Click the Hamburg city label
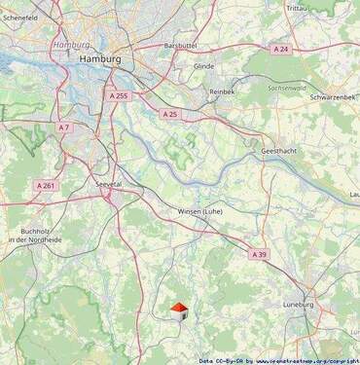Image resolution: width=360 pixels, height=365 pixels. [x=98, y=59]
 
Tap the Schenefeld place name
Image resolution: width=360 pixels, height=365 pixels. [x=20, y=18]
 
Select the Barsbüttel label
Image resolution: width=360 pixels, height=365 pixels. [x=181, y=45]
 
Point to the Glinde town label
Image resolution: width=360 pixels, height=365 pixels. [x=203, y=66]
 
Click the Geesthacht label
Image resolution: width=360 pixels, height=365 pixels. [x=281, y=153]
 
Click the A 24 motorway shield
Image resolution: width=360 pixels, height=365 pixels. [x=280, y=49]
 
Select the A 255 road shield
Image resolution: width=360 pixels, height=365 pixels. [x=119, y=96]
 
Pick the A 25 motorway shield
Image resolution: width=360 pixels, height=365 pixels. [x=169, y=115]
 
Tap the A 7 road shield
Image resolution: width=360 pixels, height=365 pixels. [x=64, y=128]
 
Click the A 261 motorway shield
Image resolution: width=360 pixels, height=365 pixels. [x=47, y=185]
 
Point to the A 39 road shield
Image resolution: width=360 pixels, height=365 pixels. [x=259, y=254]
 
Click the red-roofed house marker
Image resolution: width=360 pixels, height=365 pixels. [x=179, y=310]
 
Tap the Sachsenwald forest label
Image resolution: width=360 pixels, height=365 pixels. [x=282, y=87]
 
